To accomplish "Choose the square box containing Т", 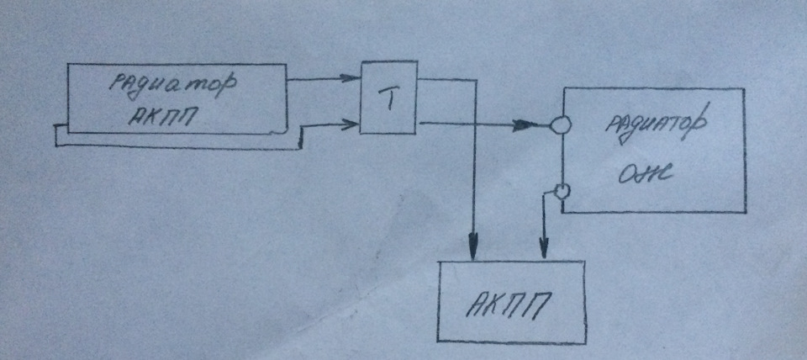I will click(x=388, y=97).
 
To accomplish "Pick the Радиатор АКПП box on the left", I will click(x=177, y=99).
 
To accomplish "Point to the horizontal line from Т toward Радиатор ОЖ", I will click(x=471, y=126).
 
